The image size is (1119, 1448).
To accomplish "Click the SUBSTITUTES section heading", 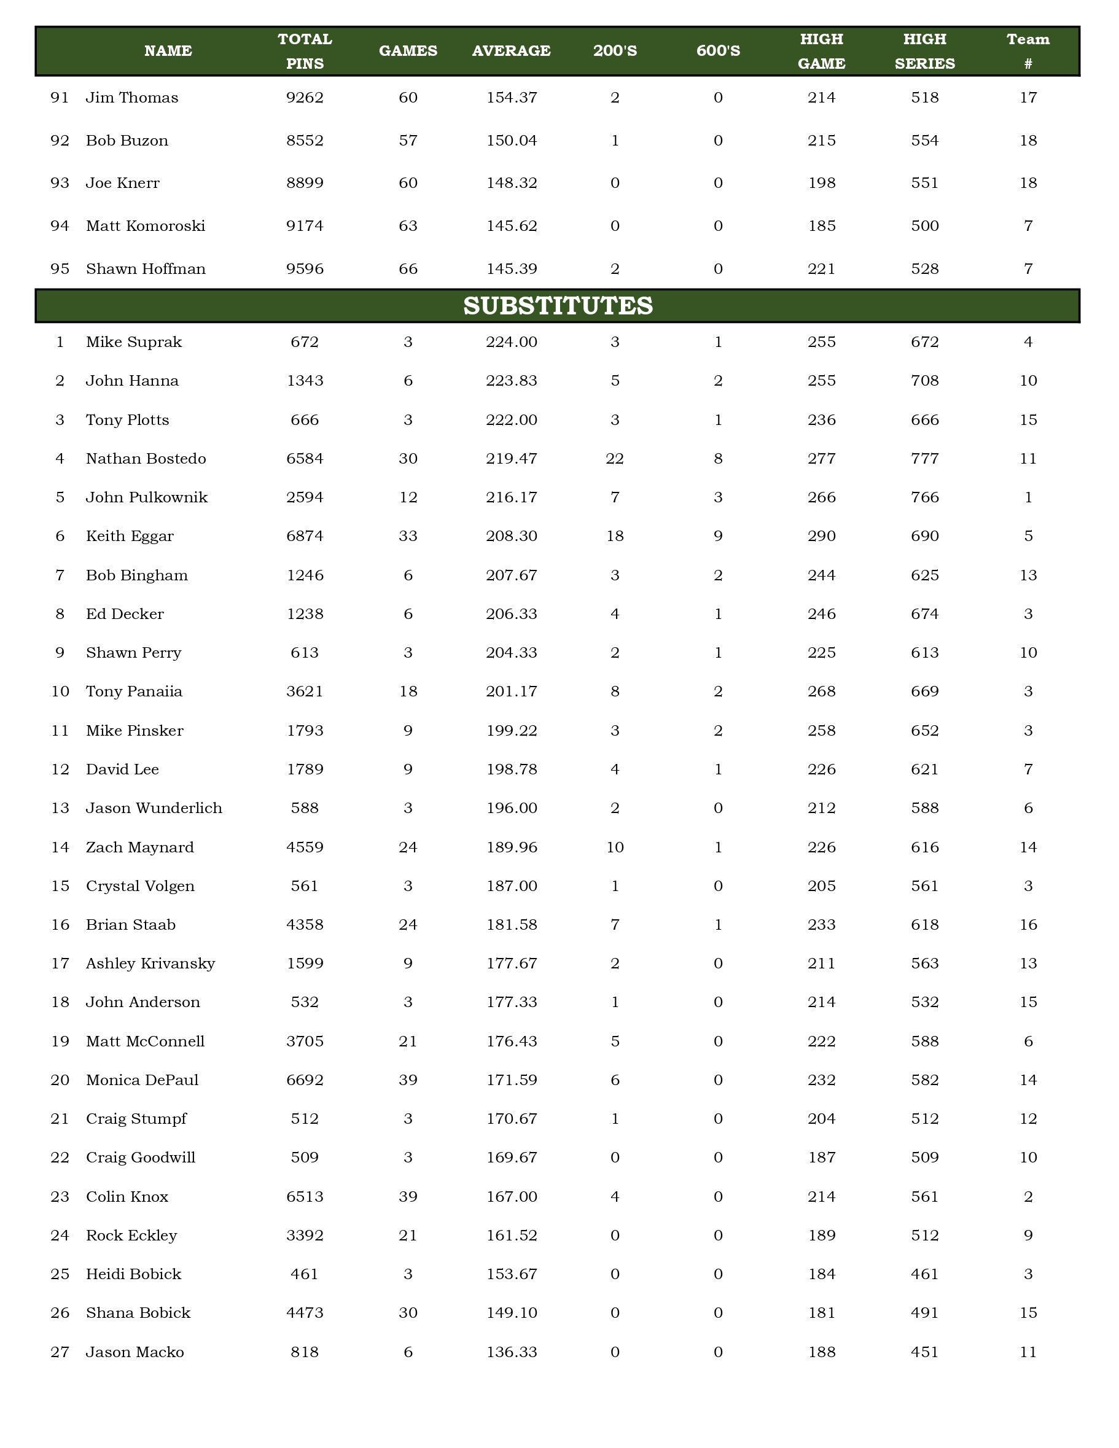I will click(x=558, y=306).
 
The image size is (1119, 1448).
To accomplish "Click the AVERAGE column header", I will click(x=511, y=51).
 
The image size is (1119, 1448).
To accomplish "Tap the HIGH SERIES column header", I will click(x=924, y=51).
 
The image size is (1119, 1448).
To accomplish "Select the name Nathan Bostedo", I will click(x=146, y=459).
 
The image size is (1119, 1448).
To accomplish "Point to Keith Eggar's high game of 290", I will click(x=821, y=535).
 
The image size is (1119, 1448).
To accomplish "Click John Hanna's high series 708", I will click(x=924, y=381).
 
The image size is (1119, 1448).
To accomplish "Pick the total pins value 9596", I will click(x=305, y=268).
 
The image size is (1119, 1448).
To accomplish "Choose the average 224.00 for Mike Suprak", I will click(x=511, y=342).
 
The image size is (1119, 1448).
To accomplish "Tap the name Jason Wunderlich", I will click(x=154, y=808).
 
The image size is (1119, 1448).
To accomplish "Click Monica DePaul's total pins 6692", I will click(x=305, y=1080).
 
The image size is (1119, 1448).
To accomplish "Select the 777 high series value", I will click(x=924, y=459).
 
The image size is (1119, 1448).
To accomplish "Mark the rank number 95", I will click(x=60, y=268).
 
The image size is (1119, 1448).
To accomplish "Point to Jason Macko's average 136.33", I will click(x=511, y=1352).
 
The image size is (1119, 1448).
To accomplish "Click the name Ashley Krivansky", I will click(x=150, y=963).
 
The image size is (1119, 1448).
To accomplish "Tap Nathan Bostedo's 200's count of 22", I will click(x=615, y=459).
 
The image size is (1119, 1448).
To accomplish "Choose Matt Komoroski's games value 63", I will click(x=408, y=226).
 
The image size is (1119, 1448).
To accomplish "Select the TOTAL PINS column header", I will click(x=305, y=51).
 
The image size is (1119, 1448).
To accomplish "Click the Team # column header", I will click(x=1027, y=51).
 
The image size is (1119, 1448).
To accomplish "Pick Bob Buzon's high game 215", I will click(x=821, y=141).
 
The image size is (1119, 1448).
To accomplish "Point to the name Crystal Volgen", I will click(x=140, y=886).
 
